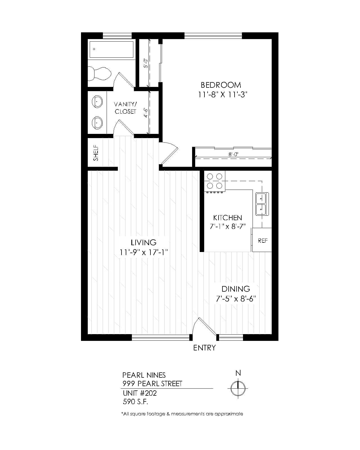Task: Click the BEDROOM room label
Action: (221, 85)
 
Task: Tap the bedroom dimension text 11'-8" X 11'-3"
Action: (222, 95)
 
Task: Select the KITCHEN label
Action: (227, 218)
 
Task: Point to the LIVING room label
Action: (143, 242)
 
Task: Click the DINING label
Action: (236, 289)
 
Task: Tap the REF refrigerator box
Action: (262, 240)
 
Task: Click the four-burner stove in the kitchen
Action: (215, 181)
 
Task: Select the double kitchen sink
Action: (262, 204)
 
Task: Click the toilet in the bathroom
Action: (99, 74)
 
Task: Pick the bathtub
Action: (111, 49)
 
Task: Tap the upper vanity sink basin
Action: (97, 102)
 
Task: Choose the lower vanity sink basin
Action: (97, 123)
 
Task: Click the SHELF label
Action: (96, 153)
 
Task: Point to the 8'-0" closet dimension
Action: (233, 154)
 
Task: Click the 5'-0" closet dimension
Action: (146, 63)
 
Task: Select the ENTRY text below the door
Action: (204, 348)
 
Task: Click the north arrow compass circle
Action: (238, 388)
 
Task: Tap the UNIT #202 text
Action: (140, 393)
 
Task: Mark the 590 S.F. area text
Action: (135, 402)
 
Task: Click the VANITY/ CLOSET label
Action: (125, 108)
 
